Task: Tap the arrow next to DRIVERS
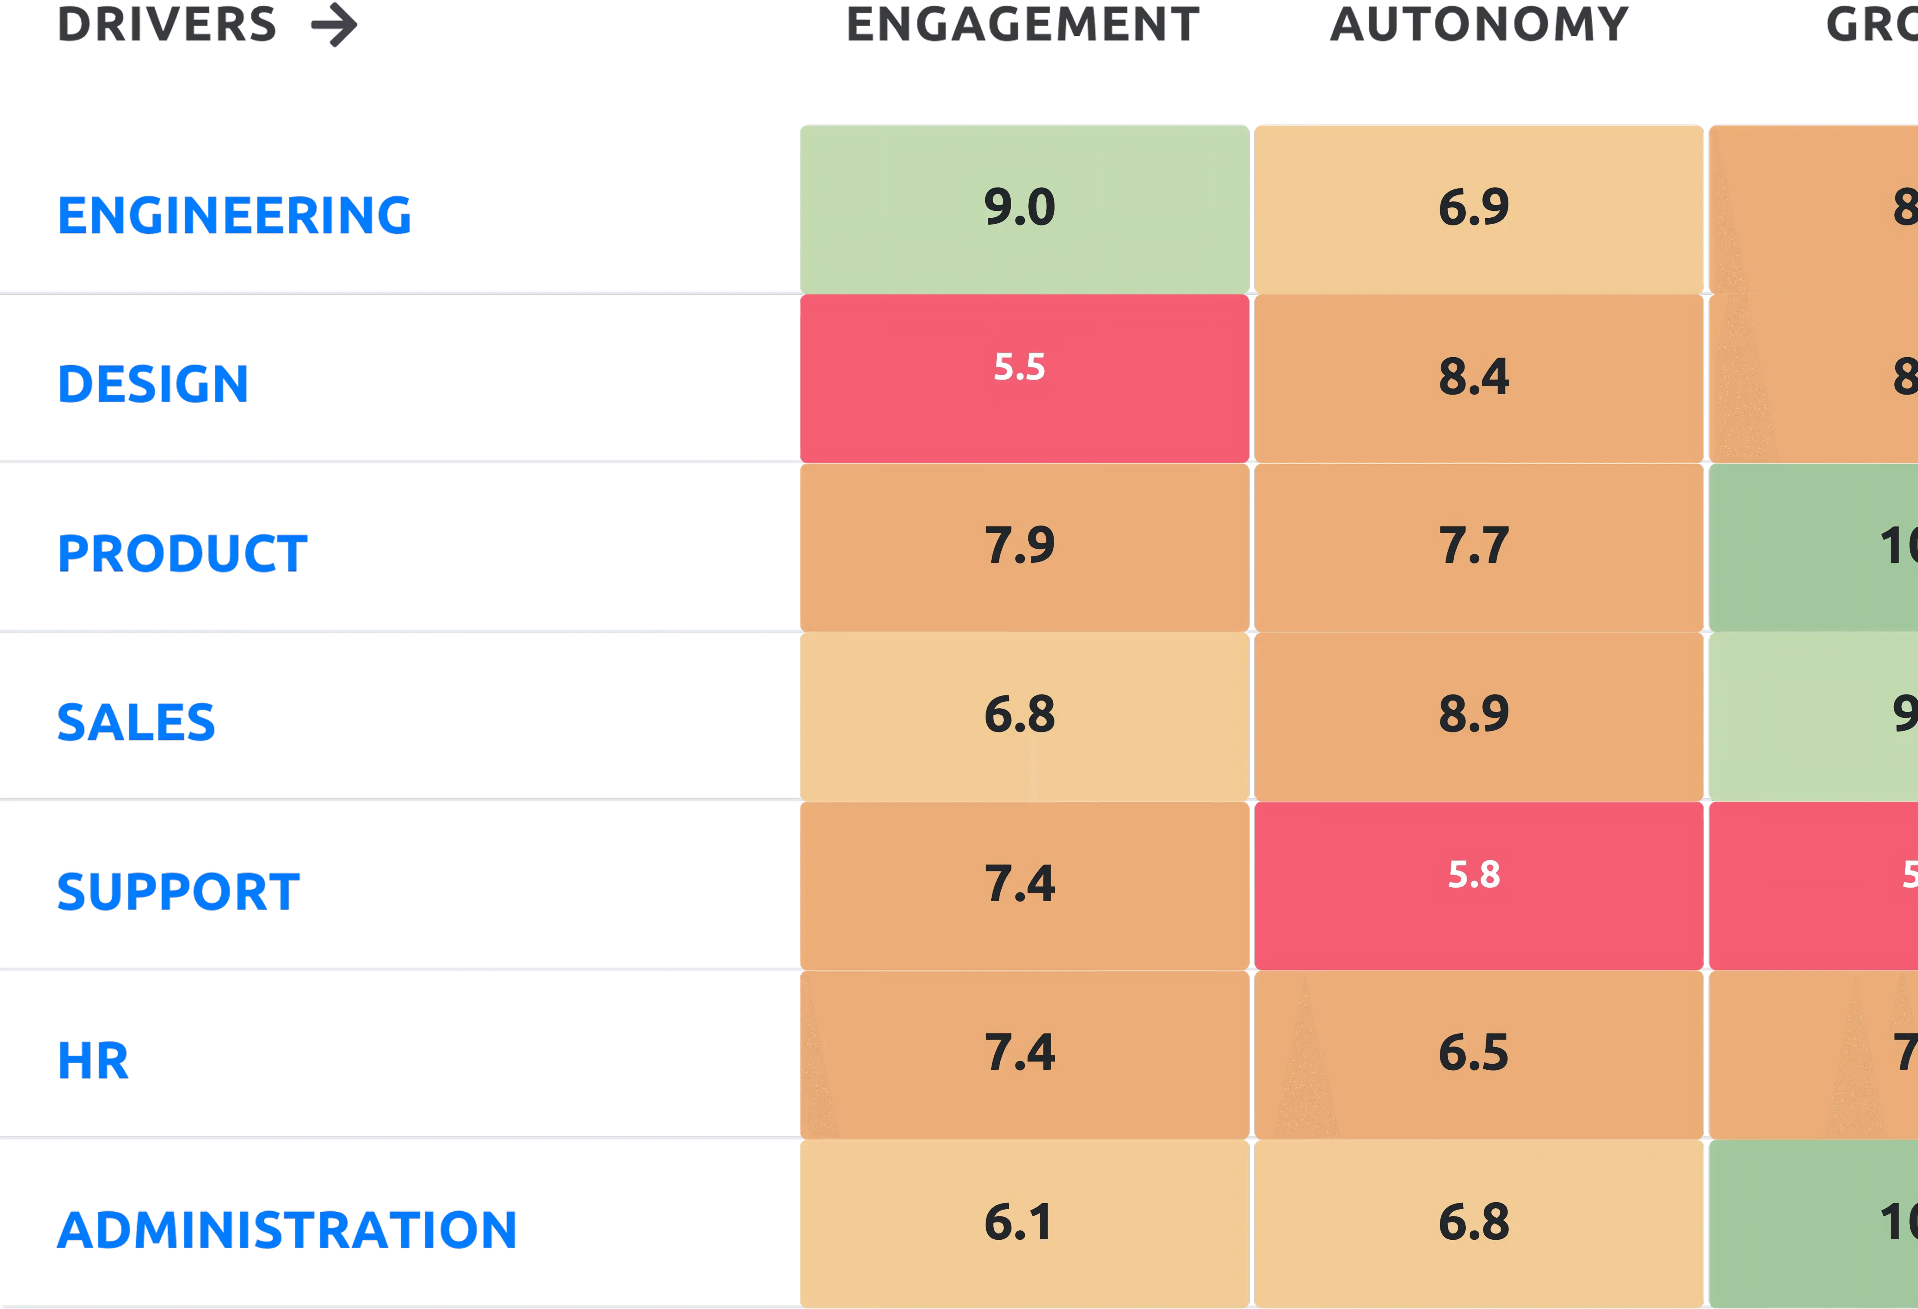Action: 334,25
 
